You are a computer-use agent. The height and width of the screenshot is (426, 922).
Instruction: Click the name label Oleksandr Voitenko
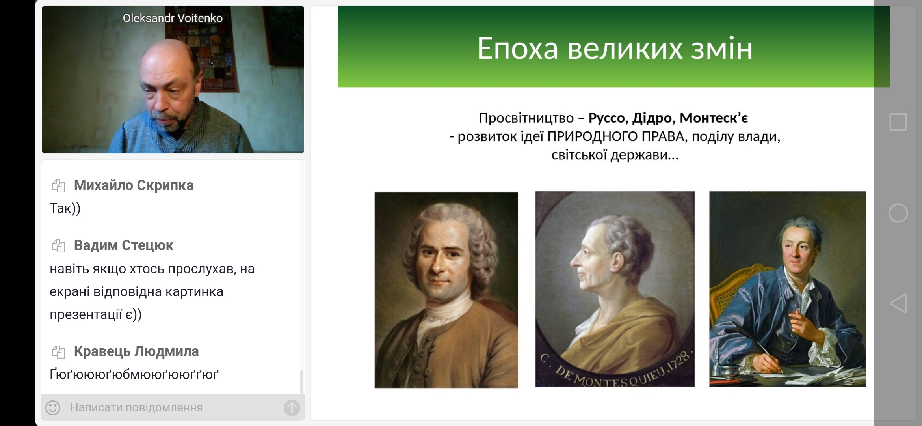[173, 18]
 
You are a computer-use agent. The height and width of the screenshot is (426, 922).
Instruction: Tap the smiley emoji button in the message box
[53, 407]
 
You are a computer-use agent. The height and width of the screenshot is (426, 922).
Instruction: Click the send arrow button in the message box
[292, 407]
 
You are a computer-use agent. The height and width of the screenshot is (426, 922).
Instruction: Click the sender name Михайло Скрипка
[134, 185]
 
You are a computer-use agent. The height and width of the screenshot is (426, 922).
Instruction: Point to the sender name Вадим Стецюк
[123, 245]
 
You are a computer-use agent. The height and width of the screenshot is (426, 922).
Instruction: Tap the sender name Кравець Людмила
[136, 351]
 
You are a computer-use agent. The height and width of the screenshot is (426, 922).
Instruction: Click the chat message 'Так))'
[65, 208]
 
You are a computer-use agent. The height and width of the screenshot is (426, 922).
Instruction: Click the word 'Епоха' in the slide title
[517, 49]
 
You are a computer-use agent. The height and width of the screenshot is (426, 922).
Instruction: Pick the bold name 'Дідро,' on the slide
[654, 118]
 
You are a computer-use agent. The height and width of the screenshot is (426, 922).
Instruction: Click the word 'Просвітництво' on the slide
[526, 118]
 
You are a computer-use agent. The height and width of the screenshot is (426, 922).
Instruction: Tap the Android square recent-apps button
[898, 122]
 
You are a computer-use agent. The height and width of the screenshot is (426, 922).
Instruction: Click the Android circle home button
[898, 213]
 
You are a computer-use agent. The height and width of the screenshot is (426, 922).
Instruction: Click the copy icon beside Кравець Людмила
[58, 352]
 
